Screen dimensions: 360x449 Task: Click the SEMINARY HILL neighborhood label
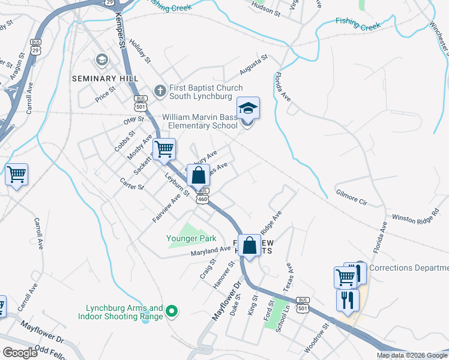[x=105, y=79]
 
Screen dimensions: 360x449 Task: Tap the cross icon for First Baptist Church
[x=160, y=91]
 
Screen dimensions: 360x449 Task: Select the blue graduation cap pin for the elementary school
[x=248, y=109]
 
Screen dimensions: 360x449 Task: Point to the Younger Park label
[x=191, y=238]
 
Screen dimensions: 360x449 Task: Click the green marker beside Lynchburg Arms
[x=172, y=311]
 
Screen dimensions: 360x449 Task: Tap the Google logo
[x=20, y=353]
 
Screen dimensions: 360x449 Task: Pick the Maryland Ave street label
[x=211, y=250]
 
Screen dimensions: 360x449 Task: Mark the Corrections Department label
[x=409, y=268]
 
